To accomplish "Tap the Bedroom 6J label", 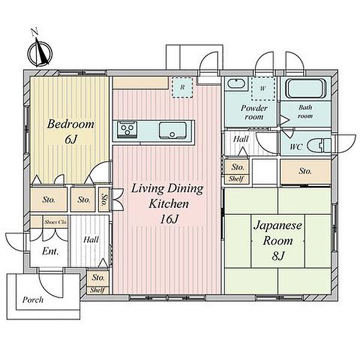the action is (71, 132).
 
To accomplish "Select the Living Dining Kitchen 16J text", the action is (167, 203).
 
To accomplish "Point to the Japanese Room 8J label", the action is (278, 241).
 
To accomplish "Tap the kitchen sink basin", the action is (173, 130).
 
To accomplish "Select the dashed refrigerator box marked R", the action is (182, 88).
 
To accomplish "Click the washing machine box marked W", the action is (263, 88).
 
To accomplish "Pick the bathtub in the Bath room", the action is (305, 89).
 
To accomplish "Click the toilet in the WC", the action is (319, 145).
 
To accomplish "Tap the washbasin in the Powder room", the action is (236, 83).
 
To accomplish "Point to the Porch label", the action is (33, 300).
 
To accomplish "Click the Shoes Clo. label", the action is (56, 222).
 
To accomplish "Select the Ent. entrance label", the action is (50, 251).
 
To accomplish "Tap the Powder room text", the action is (254, 112).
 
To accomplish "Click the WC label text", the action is (296, 147).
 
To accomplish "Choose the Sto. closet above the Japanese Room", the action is (305, 171).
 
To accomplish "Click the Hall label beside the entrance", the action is (91, 239).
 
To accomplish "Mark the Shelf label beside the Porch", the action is (97, 290).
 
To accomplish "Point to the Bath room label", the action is (305, 112).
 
